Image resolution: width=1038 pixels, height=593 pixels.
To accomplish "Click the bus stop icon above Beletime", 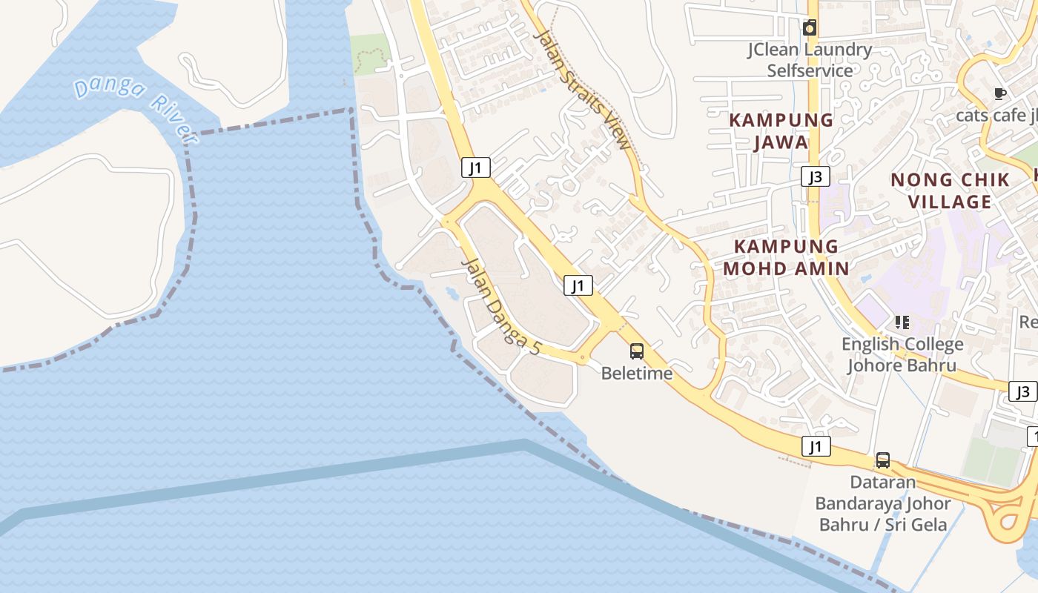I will [637, 351].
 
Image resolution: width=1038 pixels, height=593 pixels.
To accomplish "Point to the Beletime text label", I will [637, 374].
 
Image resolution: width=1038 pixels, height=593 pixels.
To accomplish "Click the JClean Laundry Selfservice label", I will [810, 60].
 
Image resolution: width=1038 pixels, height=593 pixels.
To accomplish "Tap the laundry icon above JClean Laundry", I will [810, 28].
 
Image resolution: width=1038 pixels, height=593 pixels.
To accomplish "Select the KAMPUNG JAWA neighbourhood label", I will [781, 130].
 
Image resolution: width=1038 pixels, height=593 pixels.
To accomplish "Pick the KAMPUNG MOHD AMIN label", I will [786, 257].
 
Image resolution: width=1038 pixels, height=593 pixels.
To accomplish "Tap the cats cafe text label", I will [996, 116].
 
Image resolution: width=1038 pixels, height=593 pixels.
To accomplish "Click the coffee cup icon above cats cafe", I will [999, 93].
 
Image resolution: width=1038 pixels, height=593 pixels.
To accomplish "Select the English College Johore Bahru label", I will [902, 354].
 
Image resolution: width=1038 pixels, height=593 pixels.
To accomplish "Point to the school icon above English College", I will [902, 322].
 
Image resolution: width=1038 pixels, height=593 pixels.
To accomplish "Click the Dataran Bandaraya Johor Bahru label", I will [882, 503].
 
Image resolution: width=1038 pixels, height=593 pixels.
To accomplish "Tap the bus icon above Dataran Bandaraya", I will [882, 460].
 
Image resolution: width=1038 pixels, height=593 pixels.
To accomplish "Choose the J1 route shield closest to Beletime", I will [578, 285].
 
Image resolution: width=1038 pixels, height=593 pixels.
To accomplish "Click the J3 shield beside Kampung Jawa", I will [816, 176].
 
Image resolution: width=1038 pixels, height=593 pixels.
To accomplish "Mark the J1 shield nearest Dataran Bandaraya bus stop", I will [816, 446].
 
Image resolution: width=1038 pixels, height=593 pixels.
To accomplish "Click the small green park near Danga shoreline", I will [370, 53].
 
